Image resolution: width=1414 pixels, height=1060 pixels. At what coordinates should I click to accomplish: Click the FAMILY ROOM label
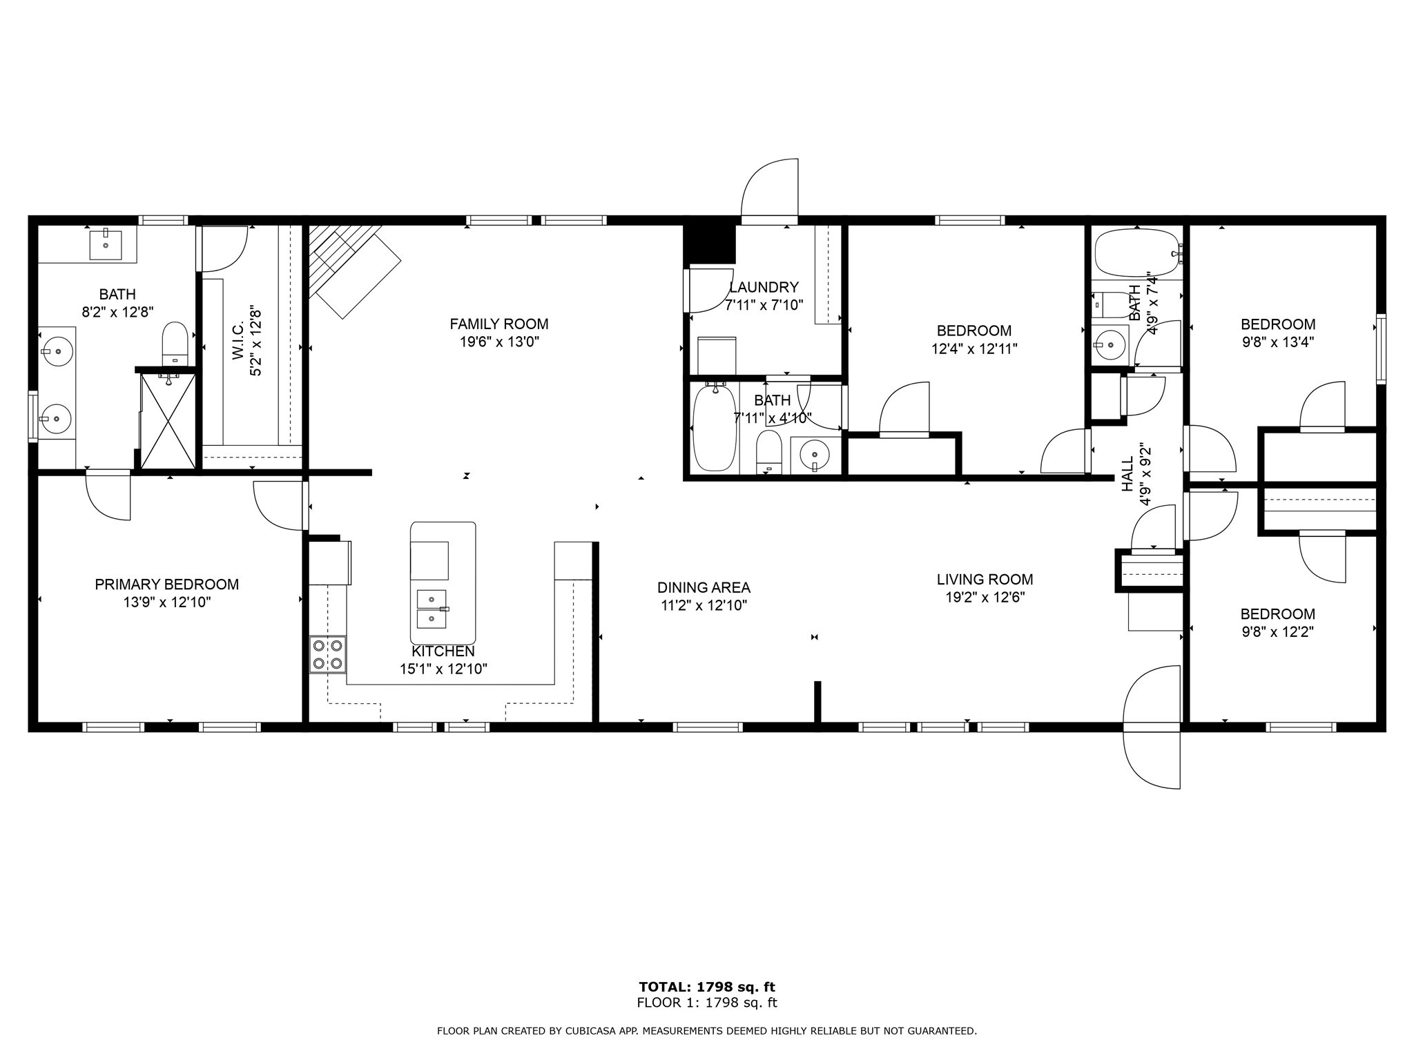(498, 324)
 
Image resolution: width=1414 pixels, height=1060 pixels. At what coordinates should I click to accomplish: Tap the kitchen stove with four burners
(327, 655)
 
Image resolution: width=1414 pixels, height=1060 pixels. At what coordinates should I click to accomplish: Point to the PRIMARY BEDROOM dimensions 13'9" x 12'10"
(167, 602)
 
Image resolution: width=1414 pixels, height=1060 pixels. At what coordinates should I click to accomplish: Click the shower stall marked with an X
(168, 421)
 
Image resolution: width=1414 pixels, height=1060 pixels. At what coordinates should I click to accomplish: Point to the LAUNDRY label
(764, 288)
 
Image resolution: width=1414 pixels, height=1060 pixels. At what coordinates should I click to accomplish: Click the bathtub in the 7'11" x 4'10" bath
(715, 428)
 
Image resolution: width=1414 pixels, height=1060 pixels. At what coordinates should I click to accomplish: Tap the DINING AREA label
(704, 588)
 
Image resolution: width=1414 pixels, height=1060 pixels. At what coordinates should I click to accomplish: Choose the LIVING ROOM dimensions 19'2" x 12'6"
(985, 598)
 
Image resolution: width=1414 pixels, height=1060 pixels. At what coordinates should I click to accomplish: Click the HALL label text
(1127, 474)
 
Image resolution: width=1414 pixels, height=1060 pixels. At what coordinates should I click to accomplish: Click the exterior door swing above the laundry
(770, 189)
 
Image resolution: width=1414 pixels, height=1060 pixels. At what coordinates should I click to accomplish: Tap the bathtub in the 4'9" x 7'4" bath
(1136, 253)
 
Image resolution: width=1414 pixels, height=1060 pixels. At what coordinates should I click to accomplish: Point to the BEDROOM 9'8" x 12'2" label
(1277, 614)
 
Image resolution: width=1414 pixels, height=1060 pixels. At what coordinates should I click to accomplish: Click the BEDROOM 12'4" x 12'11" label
(974, 331)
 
